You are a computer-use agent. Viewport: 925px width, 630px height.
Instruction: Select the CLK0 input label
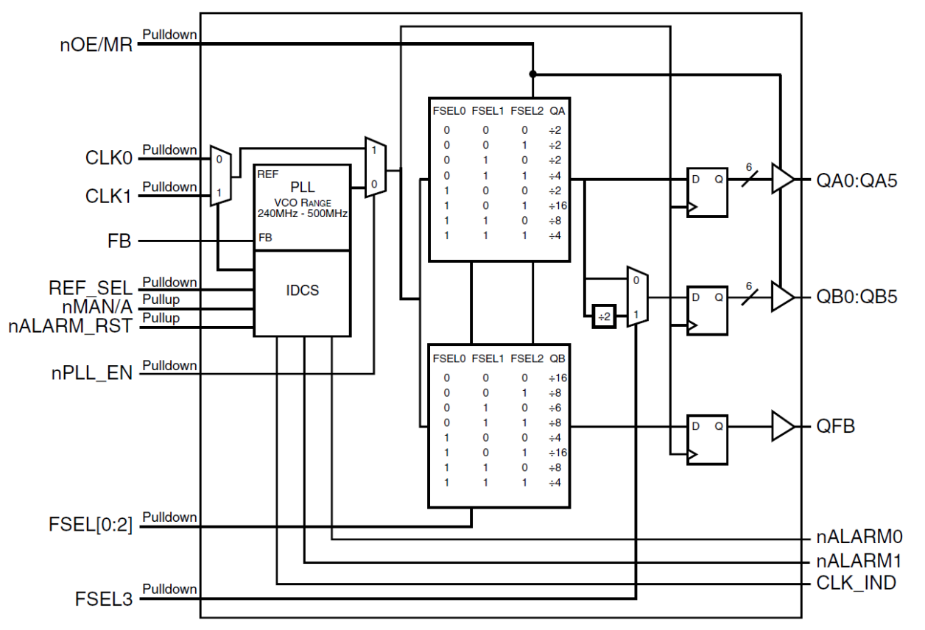point(108,158)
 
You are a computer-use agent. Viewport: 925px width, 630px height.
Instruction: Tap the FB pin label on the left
point(121,241)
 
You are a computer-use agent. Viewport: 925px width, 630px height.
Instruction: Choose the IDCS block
point(302,291)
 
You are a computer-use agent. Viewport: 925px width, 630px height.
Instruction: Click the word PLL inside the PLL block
point(302,187)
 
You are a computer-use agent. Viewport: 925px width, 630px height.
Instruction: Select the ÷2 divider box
point(603,316)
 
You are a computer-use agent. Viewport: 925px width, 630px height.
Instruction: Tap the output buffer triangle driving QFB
point(782,426)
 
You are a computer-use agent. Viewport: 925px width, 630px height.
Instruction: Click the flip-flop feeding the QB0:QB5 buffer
point(706,311)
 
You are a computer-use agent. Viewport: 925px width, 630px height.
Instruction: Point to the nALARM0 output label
point(859,537)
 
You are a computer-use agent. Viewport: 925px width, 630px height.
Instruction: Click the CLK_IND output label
point(857,584)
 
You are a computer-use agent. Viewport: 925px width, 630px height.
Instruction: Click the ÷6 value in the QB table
point(557,407)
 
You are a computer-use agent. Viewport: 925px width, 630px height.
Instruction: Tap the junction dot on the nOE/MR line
point(532,74)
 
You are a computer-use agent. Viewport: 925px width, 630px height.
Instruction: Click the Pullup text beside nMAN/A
point(161,300)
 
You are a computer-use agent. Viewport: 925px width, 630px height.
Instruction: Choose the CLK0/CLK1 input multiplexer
point(220,175)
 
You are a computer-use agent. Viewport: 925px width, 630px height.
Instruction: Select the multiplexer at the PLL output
point(374,168)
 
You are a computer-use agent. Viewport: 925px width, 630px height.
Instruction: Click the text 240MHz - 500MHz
point(302,213)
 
